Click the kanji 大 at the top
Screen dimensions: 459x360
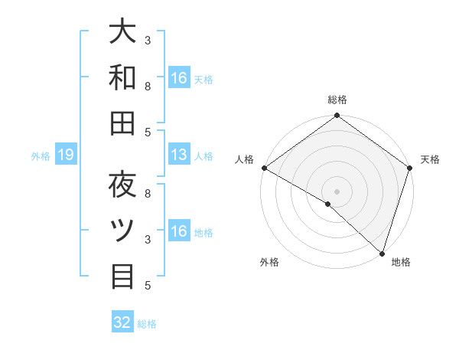point(122,32)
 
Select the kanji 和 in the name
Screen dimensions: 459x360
point(122,77)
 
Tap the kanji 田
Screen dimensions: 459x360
point(122,123)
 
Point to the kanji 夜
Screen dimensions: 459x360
point(122,185)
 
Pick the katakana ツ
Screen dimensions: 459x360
point(122,230)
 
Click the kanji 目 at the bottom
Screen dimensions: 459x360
point(122,276)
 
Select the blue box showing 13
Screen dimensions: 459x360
point(179,155)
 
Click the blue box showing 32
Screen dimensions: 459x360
point(122,322)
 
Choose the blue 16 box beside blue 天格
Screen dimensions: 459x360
point(179,78)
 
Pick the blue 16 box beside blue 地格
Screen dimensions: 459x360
point(179,231)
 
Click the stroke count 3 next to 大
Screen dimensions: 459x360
point(148,39)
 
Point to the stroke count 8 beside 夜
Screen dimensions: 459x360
point(148,194)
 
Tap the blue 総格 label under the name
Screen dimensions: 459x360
point(147,324)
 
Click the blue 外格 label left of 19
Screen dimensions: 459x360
point(41,157)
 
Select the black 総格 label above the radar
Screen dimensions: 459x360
point(337,100)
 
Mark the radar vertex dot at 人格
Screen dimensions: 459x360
point(264,168)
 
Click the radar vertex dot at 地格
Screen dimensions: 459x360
point(381,254)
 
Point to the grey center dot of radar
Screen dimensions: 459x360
point(337,191)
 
